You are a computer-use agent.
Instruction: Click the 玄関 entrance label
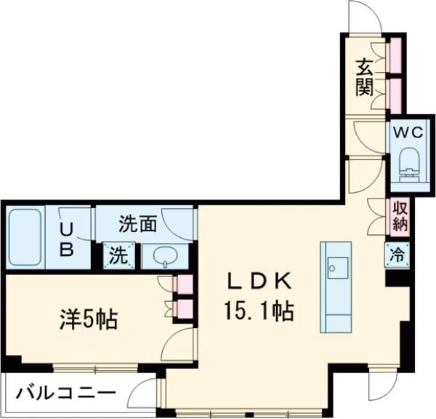coord(364,77)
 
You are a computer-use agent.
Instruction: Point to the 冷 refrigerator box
coord(397,255)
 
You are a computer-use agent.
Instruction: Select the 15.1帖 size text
coord(261,313)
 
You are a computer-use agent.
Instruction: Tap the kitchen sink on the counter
coord(336,266)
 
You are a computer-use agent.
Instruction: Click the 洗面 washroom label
coord(138,224)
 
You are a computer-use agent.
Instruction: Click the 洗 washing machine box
coord(116,255)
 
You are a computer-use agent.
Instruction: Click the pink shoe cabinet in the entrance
coord(395,72)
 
